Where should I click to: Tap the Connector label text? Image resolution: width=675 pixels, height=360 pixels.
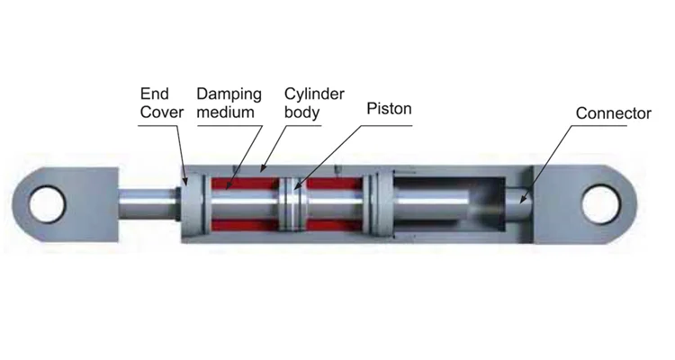[613, 113]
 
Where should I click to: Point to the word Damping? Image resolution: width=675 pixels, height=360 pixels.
[229, 93]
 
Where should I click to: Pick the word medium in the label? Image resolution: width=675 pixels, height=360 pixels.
[225, 114]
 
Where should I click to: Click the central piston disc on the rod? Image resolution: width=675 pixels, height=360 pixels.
[291, 205]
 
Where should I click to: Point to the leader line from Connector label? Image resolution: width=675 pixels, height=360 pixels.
[549, 158]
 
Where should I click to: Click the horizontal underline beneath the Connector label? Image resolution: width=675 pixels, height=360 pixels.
[613, 125]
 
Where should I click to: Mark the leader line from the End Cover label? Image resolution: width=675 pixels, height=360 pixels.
[180, 148]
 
